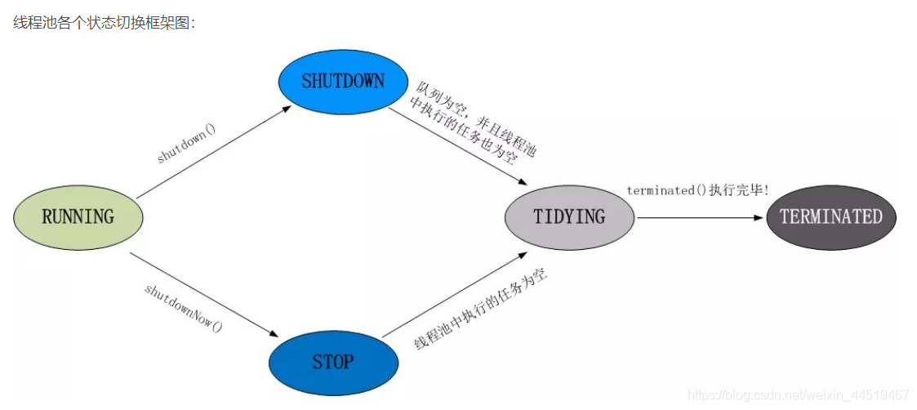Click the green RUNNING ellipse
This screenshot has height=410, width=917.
78,216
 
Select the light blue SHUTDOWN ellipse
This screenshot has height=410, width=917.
343,81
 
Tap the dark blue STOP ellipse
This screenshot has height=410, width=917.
333,360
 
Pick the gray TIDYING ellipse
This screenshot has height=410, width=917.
569,216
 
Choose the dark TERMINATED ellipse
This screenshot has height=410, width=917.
830,216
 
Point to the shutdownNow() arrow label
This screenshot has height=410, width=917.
183,306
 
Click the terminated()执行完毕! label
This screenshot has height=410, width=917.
697,190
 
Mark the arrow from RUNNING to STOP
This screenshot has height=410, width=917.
204,295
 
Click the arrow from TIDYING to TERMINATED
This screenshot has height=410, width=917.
700,218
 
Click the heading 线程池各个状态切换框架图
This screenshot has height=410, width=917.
105,22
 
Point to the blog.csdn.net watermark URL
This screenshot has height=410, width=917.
800,394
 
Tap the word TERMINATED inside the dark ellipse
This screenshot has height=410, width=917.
830,216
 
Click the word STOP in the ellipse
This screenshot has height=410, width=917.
333,360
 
